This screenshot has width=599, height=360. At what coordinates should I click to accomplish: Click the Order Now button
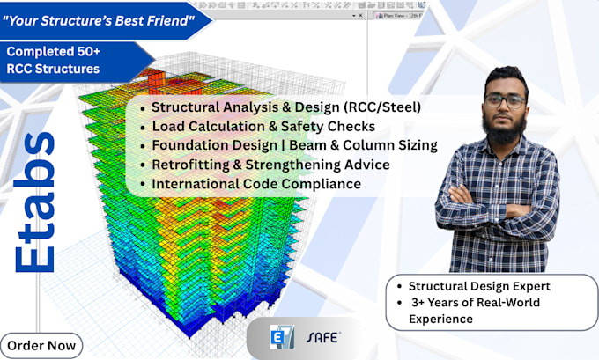(41, 344)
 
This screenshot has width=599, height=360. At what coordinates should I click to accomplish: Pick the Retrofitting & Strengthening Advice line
(270, 165)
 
